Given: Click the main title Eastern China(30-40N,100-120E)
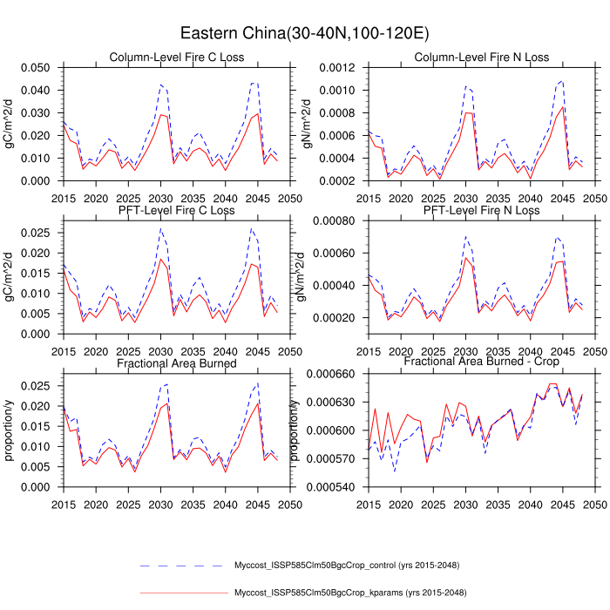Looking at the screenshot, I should tap(304, 33).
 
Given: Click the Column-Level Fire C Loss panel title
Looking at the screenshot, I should tap(177, 58).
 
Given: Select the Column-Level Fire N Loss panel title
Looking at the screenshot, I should tap(482, 58).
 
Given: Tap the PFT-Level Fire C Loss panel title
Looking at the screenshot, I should tap(177, 211).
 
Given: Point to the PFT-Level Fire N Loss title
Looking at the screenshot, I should tap(482, 211).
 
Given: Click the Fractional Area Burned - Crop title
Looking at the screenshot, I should tap(482, 361).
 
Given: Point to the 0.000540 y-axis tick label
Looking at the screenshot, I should tap(334, 487).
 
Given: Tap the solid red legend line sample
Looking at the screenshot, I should tap(183, 593).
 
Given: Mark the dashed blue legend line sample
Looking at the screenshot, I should tap(183, 566).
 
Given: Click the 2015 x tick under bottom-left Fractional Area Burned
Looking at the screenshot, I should tap(63, 505).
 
